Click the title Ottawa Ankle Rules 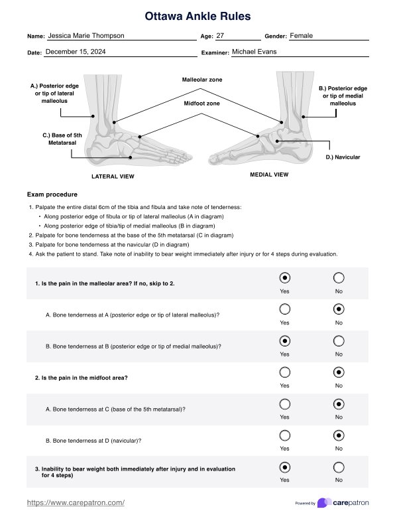coord(197,16)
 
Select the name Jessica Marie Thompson coord(86,35)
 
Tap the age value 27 coord(220,35)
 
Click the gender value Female coord(301,35)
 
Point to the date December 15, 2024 coord(76,52)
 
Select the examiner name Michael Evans coord(254,52)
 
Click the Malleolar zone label coord(202,80)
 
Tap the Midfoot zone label coord(201,103)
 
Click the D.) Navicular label coord(343,157)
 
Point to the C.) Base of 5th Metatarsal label coord(62,139)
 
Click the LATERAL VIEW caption coord(113,177)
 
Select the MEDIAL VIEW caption coord(269,175)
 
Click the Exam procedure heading coord(52,194)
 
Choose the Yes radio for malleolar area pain coord(285,278)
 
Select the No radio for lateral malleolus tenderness coord(339,309)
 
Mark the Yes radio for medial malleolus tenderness coord(285,341)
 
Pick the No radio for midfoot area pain coord(339,372)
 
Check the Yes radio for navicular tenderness coord(285,435)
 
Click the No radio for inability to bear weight coord(339,467)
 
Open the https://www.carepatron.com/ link coord(76,502)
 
